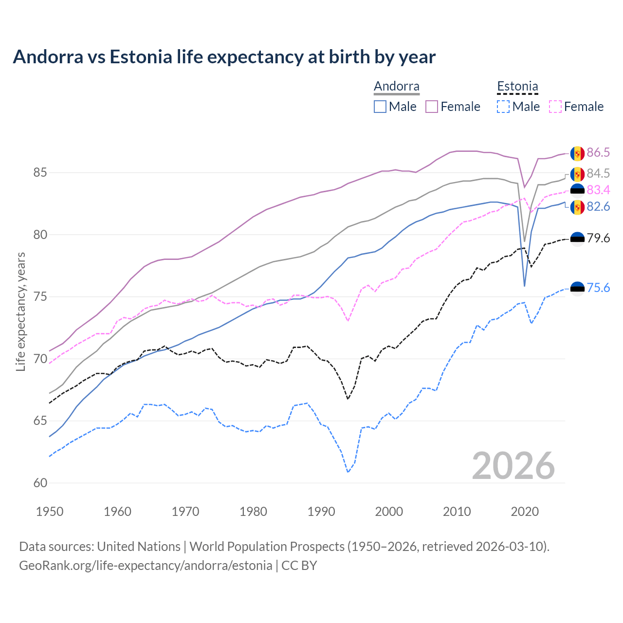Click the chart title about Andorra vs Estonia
pos(224,57)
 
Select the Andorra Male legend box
pos(380,107)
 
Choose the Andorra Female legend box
pos(432,107)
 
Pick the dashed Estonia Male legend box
pos(503,107)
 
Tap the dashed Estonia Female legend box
pos(555,107)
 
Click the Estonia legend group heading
pos(517,87)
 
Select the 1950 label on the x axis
pos(50,512)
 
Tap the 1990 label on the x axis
pos(321,512)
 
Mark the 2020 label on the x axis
pos(525,512)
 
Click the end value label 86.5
pos(598,153)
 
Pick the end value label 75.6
pos(598,288)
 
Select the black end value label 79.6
pos(598,238)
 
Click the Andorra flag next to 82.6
pos(577,207)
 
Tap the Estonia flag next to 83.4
pos(577,190)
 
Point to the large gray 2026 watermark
pos(513,466)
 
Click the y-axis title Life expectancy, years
pos(20,311)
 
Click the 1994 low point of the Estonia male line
pos(348,472)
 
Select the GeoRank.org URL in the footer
pos(146,566)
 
